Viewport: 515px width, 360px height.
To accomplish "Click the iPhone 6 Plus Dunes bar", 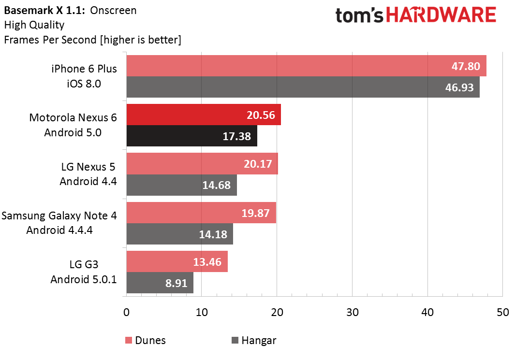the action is pyautogui.click(x=307, y=66).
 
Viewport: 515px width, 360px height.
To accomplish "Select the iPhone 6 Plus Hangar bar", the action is pyautogui.click(x=303, y=87).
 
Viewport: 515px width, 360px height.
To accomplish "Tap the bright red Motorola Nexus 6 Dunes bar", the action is pyautogui.click(x=204, y=115).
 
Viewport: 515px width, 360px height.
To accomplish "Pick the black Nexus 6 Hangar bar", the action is pyautogui.click(x=192, y=135).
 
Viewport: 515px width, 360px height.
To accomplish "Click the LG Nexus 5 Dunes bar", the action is pyautogui.click(x=202, y=163).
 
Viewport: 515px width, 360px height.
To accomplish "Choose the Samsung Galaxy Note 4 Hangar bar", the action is pyautogui.click(x=180, y=234).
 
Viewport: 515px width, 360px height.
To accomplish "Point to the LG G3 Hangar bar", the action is pyautogui.click(x=160, y=283).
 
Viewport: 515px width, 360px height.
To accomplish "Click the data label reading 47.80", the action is pyautogui.click(x=466, y=66).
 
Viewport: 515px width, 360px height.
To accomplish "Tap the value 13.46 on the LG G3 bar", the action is pyautogui.click(x=207, y=262).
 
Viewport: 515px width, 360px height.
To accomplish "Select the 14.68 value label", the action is pyautogui.click(x=217, y=185).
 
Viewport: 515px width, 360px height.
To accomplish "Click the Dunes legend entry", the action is pyautogui.click(x=146, y=340).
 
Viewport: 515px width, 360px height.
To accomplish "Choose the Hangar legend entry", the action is pyautogui.click(x=254, y=340).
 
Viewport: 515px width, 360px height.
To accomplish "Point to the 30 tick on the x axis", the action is pyautogui.click(x=353, y=313).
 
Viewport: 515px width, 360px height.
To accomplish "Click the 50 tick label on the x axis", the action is pyautogui.click(x=503, y=313).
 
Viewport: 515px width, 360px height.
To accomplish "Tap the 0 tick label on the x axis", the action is pyautogui.click(x=126, y=313).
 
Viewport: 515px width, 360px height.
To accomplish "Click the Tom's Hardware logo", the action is pyautogui.click(x=415, y=15).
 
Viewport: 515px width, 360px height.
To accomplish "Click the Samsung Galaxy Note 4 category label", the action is pyautogui.click(x=59, y=216).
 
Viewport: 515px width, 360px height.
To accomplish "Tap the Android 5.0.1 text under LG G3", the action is pyautogui.click(x=84, y=279).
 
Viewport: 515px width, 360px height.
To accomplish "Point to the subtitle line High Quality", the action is pyautogui.click(x=34, y=25).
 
